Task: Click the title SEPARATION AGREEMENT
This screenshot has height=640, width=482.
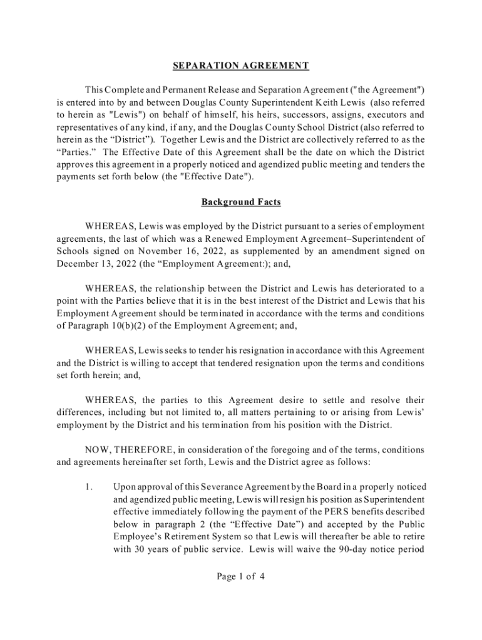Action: click(x=241, y=65)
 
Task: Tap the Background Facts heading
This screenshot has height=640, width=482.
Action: click(x=241, y=202)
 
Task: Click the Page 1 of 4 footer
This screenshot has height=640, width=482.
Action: click(x=241, y=576)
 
